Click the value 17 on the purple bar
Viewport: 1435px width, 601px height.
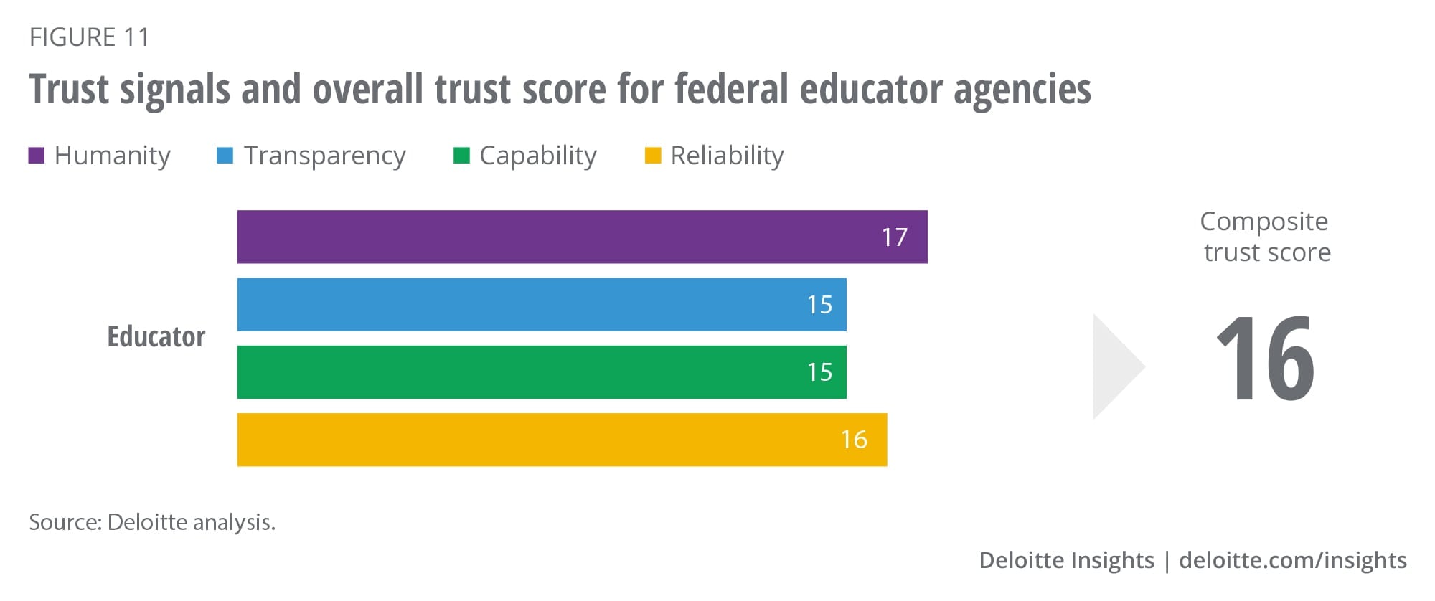pyautogui.click(x=895, y=237)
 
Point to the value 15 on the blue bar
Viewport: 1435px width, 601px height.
pyautogui.click(x=819, y=305)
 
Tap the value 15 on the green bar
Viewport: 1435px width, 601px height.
pyautogui.click(x=819, y=372)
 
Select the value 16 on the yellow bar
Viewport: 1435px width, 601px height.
pyautogui.click(x=854, y=440)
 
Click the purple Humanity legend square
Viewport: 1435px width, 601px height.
pyautogui.click(x=37, y=156)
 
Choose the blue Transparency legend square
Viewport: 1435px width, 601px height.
pyautogui.click(x=225, y=156)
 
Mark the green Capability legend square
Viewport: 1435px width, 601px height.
pyautogui.click(x=461, y=156)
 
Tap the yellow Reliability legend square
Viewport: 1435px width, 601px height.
pyautogui.click(x=653, y=156)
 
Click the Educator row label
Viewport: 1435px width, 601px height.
pyautogui.click(x=156, y=336)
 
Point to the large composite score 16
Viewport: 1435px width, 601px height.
pyautogui.click(x=1266, y=359)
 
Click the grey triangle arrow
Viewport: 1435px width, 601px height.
pyautogui.click(x=1114, y=366)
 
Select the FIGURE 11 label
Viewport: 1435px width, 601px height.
pyautogui.click(x=90, y=37)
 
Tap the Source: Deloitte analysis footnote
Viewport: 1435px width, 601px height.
pyautogui.click(x=152, y=522)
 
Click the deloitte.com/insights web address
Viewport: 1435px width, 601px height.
pyautogui.click(x=1293, y=560)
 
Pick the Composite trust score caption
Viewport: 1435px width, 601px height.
pyautogui.click(x=1266, y=237)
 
